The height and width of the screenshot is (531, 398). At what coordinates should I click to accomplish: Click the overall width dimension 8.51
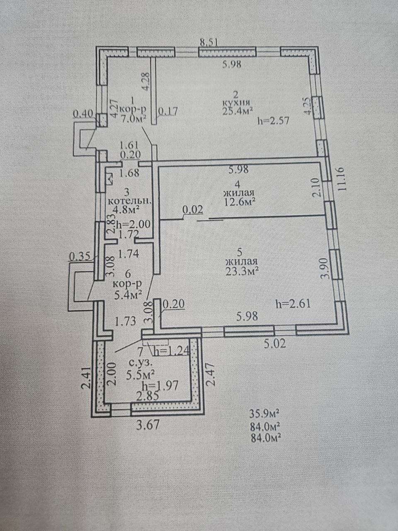tap(209, 43)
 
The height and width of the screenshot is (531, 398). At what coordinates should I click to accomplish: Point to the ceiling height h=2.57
tap(274, 120)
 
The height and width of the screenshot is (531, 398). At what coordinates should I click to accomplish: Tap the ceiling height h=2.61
tap(293, 303)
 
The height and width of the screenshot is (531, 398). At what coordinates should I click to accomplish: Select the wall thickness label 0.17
tap(168, 111)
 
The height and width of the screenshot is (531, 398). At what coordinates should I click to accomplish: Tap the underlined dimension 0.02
tap(193, 210)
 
